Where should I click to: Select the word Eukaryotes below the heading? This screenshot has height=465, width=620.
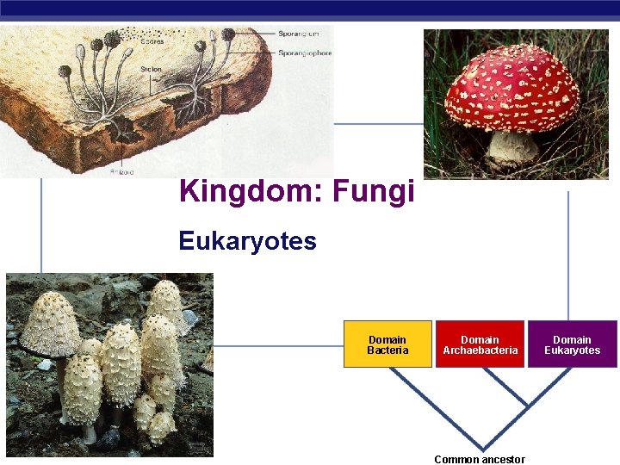[x=248, y=241]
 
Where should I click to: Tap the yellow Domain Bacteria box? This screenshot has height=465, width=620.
[x=387, y=344]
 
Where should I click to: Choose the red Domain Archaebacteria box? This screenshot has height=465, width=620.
[x=480, y=344]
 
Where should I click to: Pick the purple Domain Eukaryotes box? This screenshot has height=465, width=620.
[x=572, y=344]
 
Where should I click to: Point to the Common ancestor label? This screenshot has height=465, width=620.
[x=480, y=459]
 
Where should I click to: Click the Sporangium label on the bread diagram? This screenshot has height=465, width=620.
[x=298, y=34]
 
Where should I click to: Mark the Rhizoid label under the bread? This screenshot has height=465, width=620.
[x=121, y=171]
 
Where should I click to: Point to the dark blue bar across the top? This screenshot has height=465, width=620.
[x=310, y=9]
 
